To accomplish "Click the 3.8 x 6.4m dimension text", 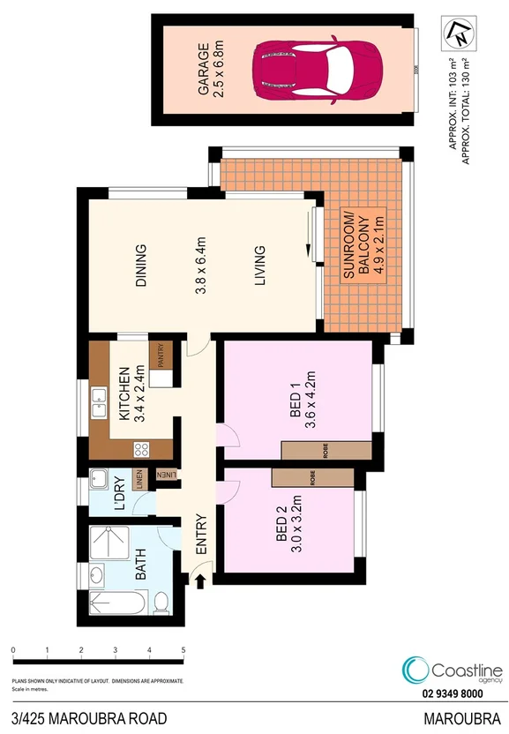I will tap(200, 266).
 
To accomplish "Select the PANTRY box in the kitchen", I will tap(161, 356).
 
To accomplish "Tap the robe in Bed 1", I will tap(326, 451).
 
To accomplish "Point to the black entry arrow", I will tap(200, 581).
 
